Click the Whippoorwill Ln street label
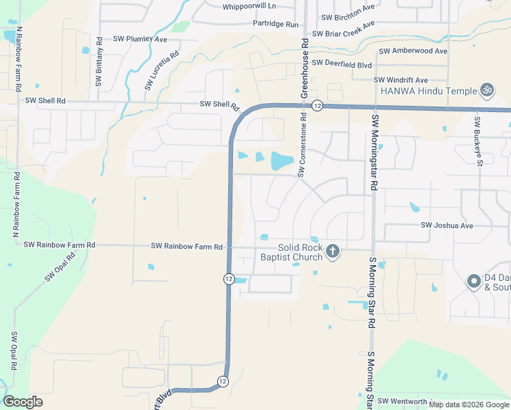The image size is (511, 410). coord(249,6)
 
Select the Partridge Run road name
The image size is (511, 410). coord(276,24)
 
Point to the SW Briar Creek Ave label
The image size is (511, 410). coord(344,29)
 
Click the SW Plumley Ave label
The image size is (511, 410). coord(140,40)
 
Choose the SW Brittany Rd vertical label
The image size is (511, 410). coord(98,61)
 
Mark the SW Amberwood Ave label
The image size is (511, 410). coord(413,51)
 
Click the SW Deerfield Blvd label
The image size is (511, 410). coord(342,64)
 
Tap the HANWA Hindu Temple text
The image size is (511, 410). coord(428,91)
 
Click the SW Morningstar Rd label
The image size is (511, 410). coord(374,152)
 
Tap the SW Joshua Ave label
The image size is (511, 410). coord(447,225)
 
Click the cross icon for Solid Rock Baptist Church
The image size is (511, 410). coord(332,251)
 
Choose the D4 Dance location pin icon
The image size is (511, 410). coord(473,281)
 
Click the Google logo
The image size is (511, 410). coord(23,402)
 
